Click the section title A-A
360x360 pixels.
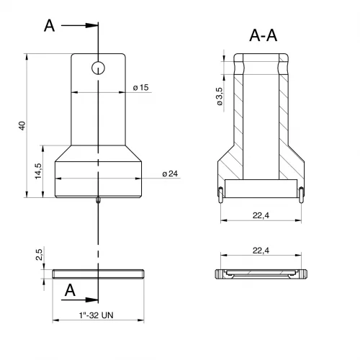[x=264, y=35]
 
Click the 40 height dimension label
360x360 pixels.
[x=22, y=126]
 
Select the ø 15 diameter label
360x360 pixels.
[x=141, y=87]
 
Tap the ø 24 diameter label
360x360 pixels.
[x=170, y=174]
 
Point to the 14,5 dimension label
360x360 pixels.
[x=38, y=171]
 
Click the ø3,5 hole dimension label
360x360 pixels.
[x=220, y=96]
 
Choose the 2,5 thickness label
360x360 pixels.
[x=39, y=255]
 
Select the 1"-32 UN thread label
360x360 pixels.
[x=96, y=315]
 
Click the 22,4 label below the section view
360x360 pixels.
[x=261, y=215]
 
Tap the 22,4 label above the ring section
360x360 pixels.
[x=261, y=251]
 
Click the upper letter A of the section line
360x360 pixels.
[x=49, y=26]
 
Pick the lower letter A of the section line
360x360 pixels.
[x=70, y=290]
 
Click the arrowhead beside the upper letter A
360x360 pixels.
[x=91, y=25]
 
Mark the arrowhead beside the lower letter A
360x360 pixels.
[x=91, y=300]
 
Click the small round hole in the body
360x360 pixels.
[x=98, y=68]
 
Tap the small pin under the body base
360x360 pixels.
[x=98, y=200]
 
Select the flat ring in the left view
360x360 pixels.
[x=98, y=274]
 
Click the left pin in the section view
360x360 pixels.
[x=220, y=195]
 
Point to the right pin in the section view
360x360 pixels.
[x=302, y=195]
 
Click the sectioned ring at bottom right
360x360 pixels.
[x=261, y=274]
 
